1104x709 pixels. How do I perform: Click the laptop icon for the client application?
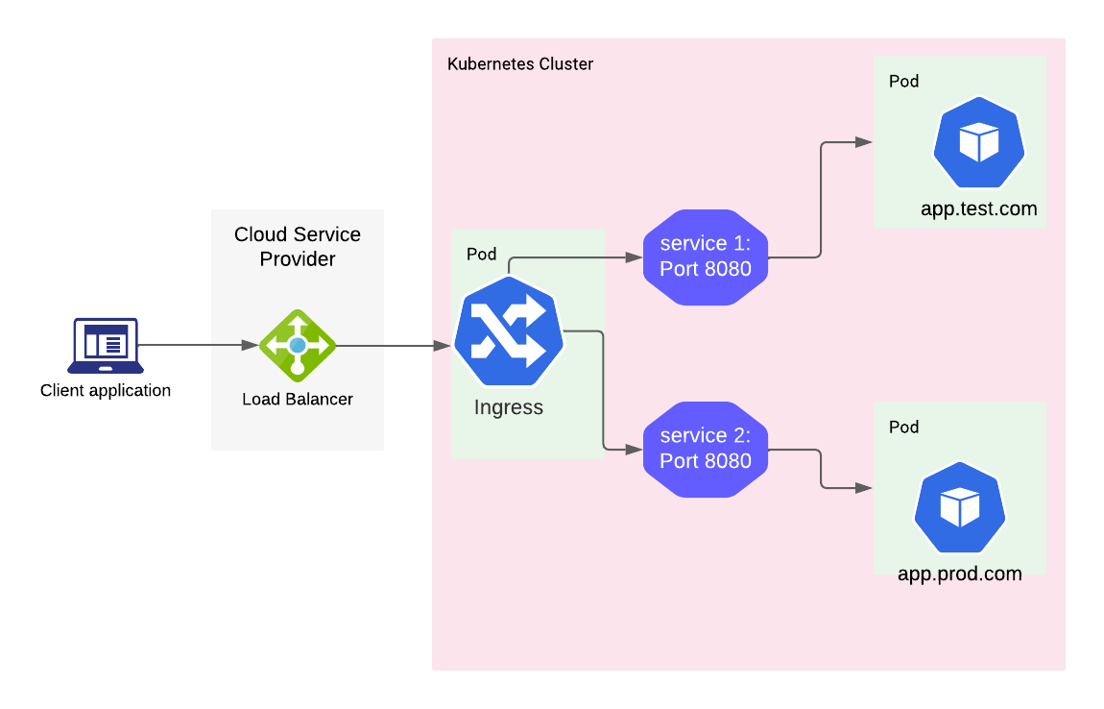(106, 345)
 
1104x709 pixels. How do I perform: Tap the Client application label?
(106, 391)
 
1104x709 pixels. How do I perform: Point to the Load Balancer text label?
(298, 399)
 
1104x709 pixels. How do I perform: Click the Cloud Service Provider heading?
(298, 246)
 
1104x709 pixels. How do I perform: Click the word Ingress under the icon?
(509, 407)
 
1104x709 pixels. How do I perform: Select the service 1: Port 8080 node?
(706, 257)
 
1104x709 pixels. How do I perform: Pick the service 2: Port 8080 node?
(706, 449)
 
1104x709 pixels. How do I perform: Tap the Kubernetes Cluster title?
(520, 64)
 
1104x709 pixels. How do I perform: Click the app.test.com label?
(978, 208)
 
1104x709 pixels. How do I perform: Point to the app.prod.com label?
(959, 574)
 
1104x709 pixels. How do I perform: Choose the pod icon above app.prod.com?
(959, 507)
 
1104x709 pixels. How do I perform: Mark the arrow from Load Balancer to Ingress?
(394, 345)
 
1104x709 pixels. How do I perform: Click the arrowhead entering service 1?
(635, 257)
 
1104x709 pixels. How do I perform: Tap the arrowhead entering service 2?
(635, 449)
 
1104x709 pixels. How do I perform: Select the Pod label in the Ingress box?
(482, 254)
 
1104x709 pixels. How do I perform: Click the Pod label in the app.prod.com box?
(904, 427)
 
